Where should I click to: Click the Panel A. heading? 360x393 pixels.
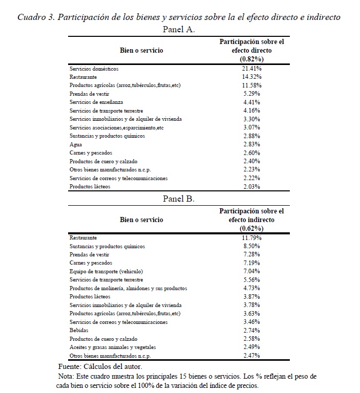(x=178, y=30)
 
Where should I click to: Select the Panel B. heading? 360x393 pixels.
(x=178, y=199)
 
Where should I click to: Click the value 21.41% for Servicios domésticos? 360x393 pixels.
(x=251, y=69)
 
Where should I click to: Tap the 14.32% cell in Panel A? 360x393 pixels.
(x=251, y=77)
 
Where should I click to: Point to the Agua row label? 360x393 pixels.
(x=75, y=145)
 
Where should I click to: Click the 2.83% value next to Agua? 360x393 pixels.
(x=251, y=145)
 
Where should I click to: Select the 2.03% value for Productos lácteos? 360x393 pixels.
(x=251, y=187)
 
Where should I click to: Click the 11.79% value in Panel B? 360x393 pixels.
(x=251, y=238)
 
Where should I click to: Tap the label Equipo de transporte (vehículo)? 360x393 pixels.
(x=106, y=272)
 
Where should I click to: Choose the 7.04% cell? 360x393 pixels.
(x=251, y=272)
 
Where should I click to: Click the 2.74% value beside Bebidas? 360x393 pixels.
(x=251, y=331)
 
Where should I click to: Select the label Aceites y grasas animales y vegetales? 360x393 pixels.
(x=113, y=347)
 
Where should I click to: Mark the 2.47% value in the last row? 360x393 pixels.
(x=251, y=356)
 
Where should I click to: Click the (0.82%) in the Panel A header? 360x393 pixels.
(x=251, y=59)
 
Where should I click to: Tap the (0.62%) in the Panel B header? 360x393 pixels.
(x=251, y=229)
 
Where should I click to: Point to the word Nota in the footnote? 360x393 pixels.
(x=67, y=376)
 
